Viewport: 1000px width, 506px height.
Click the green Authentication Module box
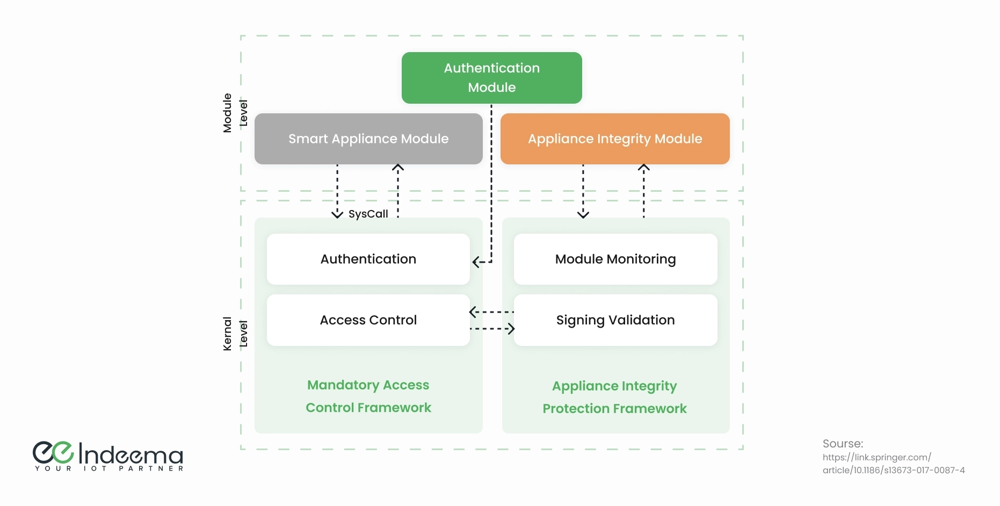click(x=491, y=78)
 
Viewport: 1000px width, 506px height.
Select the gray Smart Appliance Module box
click(x=368, y=139)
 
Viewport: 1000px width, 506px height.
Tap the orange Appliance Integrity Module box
click(x=615, y=139)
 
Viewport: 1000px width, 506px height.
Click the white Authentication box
click(x=368, y=259)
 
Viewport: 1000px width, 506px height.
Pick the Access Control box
click(x=368, y=320)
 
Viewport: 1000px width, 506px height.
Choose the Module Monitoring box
click(x=615, y=259)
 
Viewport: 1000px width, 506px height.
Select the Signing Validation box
click(x=615, y=320)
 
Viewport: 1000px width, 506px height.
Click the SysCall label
click(x=368, y=214)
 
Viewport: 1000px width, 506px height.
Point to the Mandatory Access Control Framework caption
click(x=368, y=396)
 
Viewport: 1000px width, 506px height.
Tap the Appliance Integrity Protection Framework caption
click(x=614, y=397)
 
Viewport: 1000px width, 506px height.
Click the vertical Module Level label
click(x=235, y=113)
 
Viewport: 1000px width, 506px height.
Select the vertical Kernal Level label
click(x=235, y=334)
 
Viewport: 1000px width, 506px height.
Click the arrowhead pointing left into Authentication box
click(x=475, y=262)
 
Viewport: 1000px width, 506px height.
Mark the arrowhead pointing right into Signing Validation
click(x=512, y=329)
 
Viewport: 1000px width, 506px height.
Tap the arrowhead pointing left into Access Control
click(x=473, y=312)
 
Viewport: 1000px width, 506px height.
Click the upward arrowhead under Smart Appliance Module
click(x=398, y=168)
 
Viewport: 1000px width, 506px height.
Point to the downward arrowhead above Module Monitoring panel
click(x=583, y=215)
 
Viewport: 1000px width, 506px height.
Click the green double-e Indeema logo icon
click(x=53, y=452)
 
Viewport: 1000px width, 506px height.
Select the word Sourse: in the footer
click(x=843, y=444)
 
